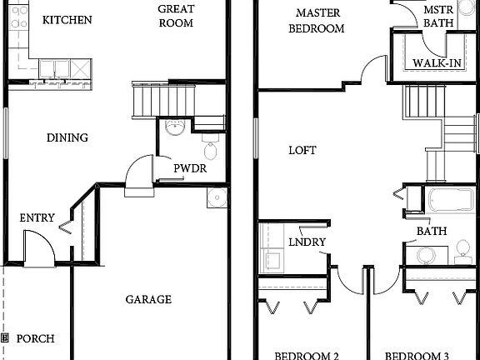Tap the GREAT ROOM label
[x=176, y=16]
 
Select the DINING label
[x=67, y=137]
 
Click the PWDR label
[x=189, y=168]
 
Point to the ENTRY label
[x=37, y=218]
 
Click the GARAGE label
[x=148, y=299]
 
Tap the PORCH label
[x=35, y=339]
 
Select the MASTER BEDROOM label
[x=317, y=21]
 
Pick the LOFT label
[x=302, y=151]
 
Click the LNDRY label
[x=307, y=242]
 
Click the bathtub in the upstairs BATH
[x=451, y=202]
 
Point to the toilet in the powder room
[x=210, y=151]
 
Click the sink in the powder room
[x=175, y=127]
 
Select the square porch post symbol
[x=5, y=339]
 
